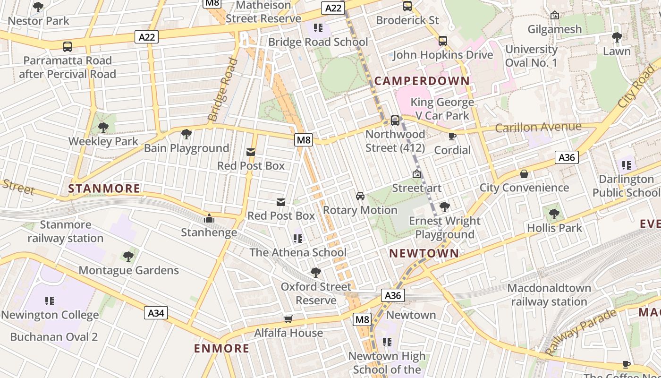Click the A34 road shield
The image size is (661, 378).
[156, 313]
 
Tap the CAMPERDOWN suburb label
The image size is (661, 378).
[422, 81]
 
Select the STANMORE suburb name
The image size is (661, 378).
[104, 189]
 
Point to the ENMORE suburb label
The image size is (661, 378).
[222, 349]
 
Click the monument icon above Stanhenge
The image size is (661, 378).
[209, 218]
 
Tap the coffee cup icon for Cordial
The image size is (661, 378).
[452, 137]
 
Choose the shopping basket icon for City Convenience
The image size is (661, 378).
[524, 174]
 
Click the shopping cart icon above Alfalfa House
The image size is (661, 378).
[288, 319]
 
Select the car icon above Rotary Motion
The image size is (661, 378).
[360, 196]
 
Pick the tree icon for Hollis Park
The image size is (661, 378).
[554, 214]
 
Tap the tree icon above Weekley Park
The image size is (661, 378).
[103, 127]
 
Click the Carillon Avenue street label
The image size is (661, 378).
[538, 127]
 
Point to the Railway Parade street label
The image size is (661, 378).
[581, 332]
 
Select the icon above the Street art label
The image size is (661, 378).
[416, 174]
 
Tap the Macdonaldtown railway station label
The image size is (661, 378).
[549, 295]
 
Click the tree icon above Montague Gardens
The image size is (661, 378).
[128, 257]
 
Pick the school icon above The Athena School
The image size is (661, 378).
[297, 239]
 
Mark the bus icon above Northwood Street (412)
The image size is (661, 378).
[395, 120]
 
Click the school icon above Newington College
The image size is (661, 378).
[50, 301]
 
